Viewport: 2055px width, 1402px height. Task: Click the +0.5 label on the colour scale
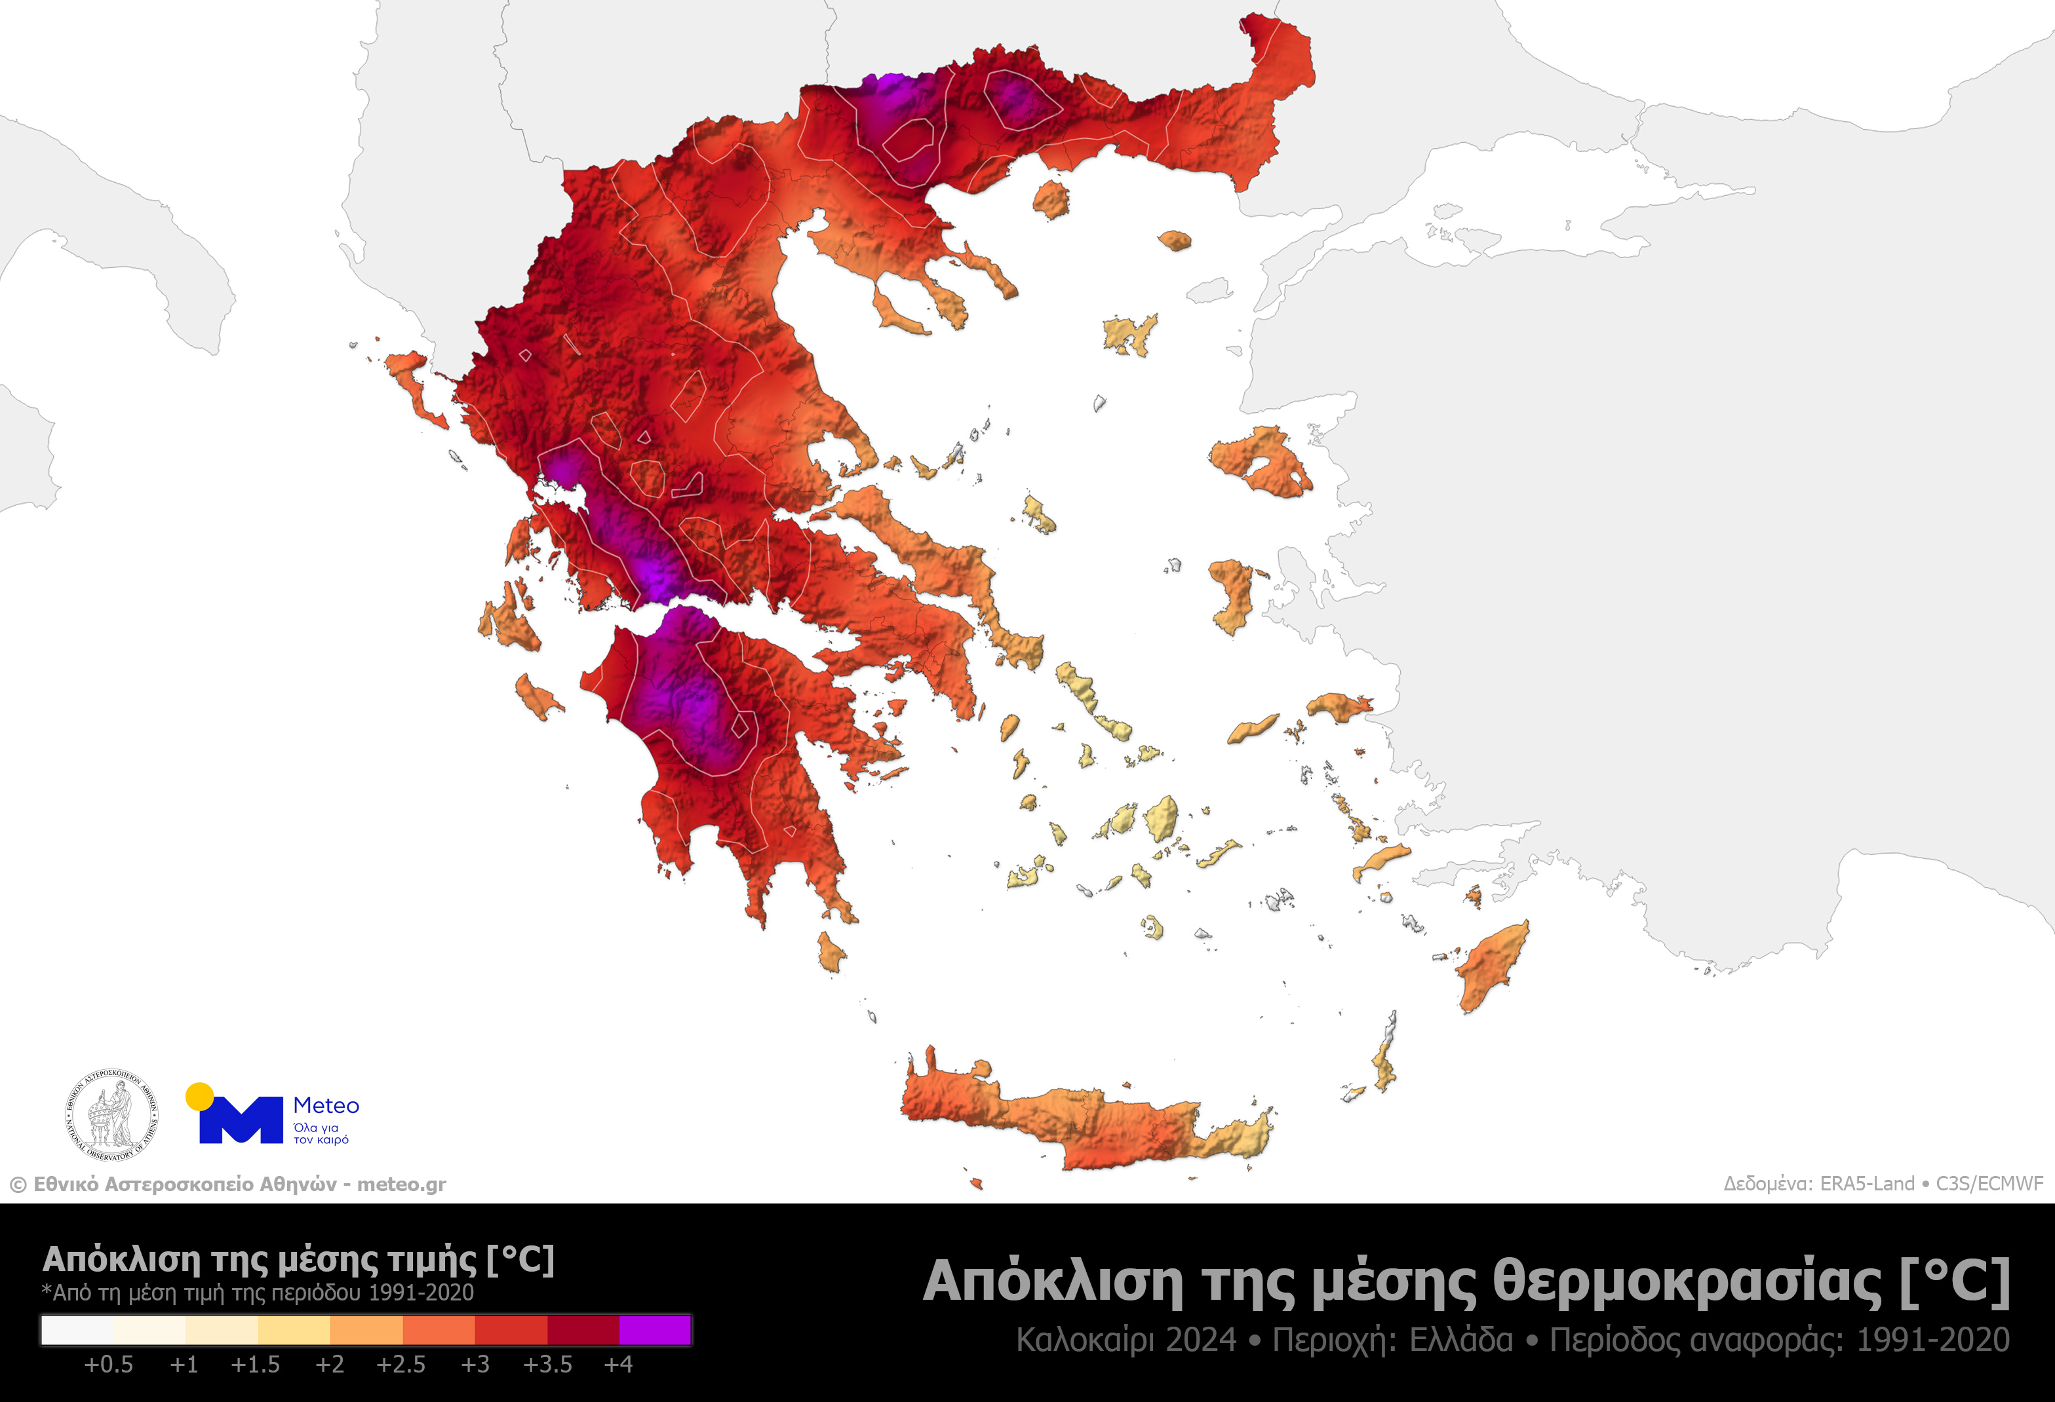pyautogui.click(x=108, y=1365)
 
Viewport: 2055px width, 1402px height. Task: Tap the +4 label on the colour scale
pyautogui.click(x=618, y=1365)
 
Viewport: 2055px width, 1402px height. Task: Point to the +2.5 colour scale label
pyautogui.click(x=401, y=1365)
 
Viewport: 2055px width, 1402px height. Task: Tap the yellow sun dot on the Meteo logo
pyautogui.click(x=200, y=1096)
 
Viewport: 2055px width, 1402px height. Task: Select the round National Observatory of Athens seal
pyautogui.click(x=111, y=1114)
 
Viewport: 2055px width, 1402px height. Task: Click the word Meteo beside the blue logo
pyautogui.click(x=325, y=1106)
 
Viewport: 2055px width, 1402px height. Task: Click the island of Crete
pyautogui.click(x=1087, y=1123)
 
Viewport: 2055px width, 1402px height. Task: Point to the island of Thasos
pyautogui.click(x=1051, y=200)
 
